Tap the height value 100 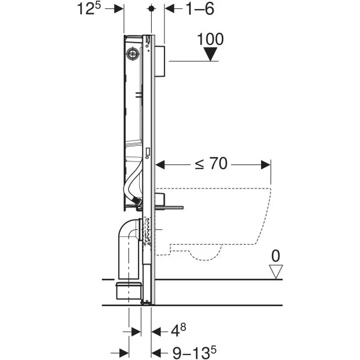210,40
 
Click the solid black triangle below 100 211,55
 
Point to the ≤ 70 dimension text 210,163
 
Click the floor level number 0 275,256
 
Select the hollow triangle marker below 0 275,271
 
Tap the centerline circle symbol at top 152,9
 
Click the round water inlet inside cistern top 132,53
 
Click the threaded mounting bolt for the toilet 170,208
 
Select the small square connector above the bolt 160,199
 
